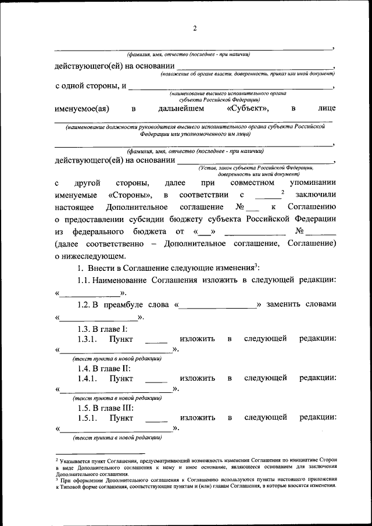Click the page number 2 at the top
pos(195,28)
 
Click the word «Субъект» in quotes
pos(246,108)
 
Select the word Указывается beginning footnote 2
pos(73,460)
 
